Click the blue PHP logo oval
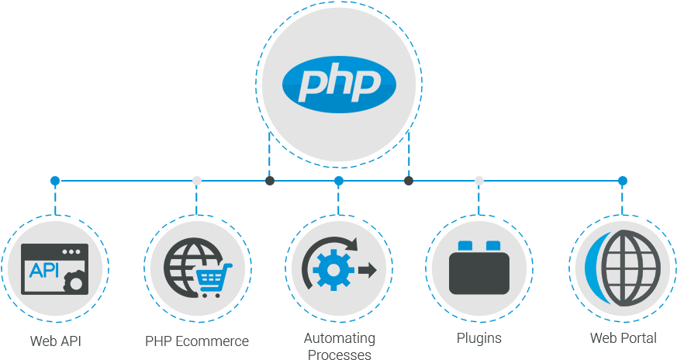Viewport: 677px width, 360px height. point(339,82)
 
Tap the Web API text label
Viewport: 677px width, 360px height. point(56,341)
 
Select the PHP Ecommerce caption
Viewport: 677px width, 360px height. point(197,341)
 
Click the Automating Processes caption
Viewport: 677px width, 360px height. point(339,346)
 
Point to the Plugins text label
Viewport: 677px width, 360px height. point(479,338)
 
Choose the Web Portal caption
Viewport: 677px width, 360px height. point(623,337)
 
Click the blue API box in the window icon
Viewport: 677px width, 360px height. point(44,270)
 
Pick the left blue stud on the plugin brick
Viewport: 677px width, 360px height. point(465,246)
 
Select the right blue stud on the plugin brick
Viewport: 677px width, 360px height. point(493,246)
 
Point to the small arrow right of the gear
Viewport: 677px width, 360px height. point(367,270)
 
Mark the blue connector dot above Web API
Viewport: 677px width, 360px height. point(55,181)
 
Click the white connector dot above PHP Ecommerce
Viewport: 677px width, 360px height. point(197,181)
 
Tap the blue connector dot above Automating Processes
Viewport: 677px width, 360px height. point(339,181)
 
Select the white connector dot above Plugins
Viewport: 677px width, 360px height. point(479,181)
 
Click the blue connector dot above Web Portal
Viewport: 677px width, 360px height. point(622,181)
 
